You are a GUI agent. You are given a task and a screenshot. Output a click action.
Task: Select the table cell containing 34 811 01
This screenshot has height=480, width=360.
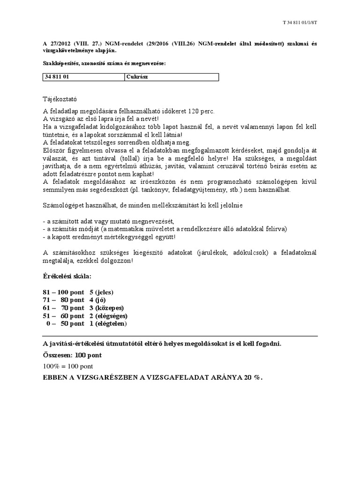(83, 77)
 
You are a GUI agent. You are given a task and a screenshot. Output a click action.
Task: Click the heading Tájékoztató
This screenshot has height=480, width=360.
(60, 99)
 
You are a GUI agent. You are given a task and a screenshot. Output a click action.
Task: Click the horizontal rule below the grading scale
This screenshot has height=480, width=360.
(180, 336)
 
